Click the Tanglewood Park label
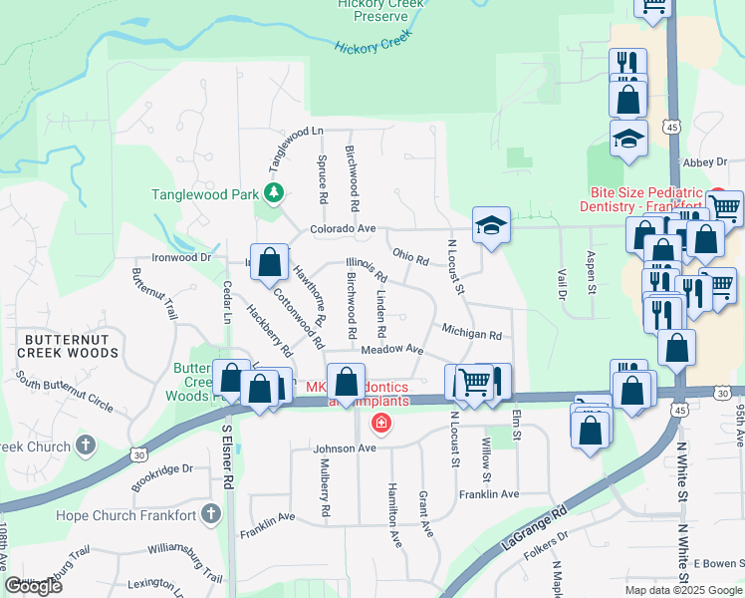pos(205,194)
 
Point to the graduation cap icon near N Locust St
pos(491,226)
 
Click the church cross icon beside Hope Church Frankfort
pos(209,513)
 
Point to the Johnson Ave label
pos(345,448)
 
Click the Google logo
pos(33,586)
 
